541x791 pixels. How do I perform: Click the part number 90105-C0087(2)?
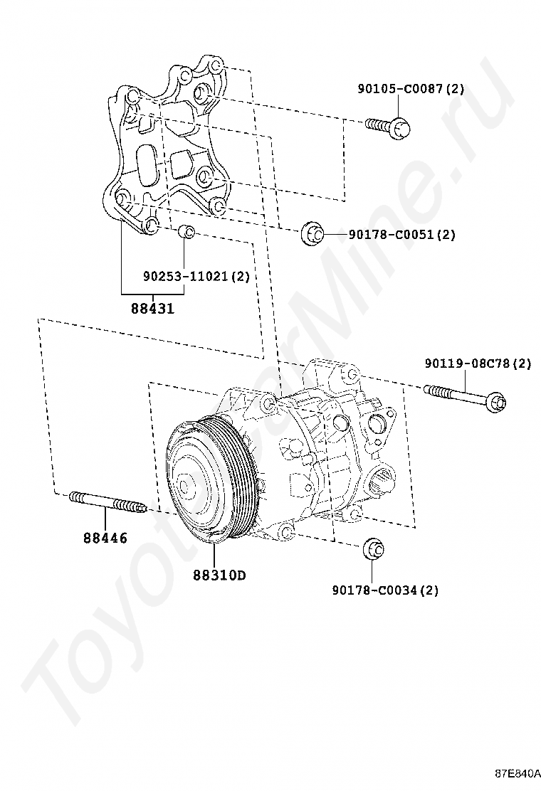(411, 89)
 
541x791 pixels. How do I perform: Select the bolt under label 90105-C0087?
(390, 126)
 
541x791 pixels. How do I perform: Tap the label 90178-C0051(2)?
(401, 234)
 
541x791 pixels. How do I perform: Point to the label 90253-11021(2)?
(196, 276)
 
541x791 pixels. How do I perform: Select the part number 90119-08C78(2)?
(478, 363)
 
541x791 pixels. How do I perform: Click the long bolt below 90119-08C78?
(466, 396)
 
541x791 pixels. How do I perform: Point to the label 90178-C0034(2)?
(385, 590)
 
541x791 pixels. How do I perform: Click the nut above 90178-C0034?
(374, 549)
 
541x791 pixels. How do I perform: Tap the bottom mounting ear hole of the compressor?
(286, 532)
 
